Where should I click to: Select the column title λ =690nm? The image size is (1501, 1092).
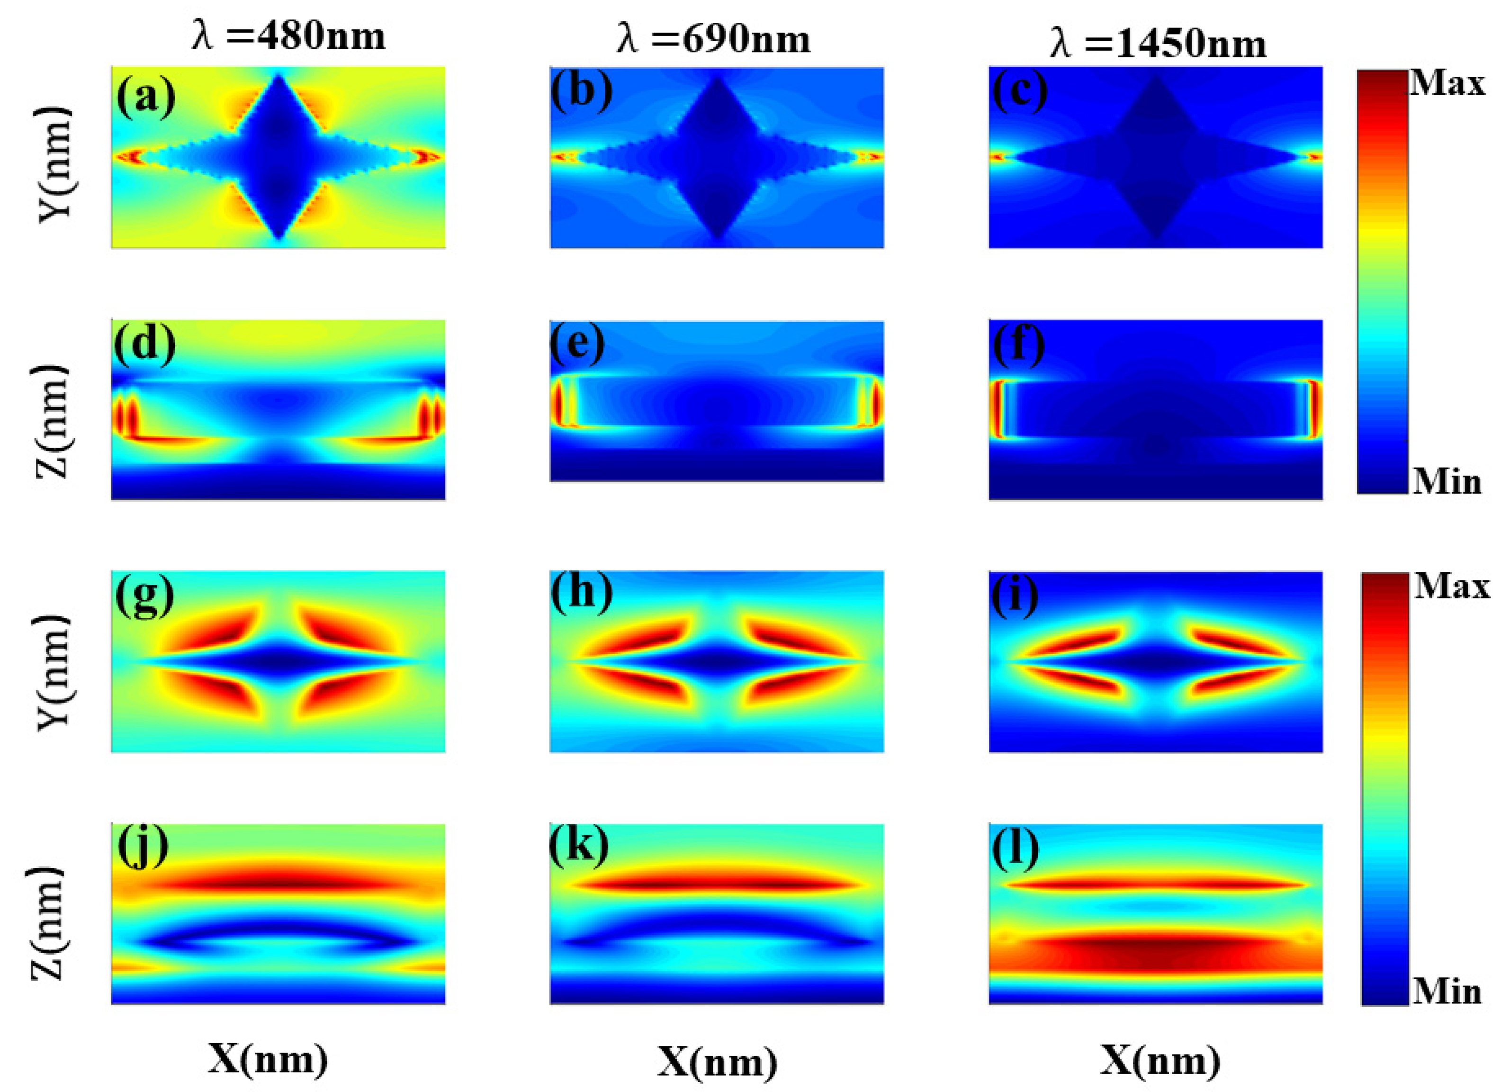click(713, 40)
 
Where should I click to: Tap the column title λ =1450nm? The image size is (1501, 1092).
click(1157, 44)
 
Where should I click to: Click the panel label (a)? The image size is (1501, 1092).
click(145, 96)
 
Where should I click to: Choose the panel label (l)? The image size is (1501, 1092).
click(1015, 849)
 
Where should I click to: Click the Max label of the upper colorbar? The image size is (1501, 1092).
click(1447, 85)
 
